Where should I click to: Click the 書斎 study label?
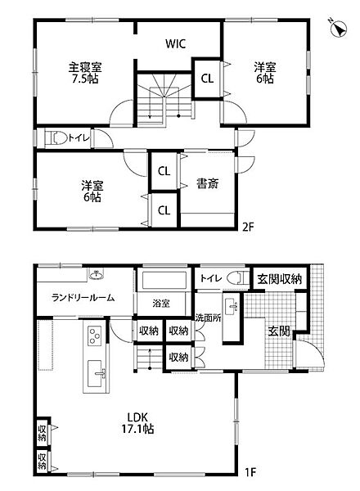coord(206,184)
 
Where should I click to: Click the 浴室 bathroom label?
coord(161,303)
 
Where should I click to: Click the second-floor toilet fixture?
coord(56,138)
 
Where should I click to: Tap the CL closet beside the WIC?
coord(207,79)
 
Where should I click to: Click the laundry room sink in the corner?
coord(96,273)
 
